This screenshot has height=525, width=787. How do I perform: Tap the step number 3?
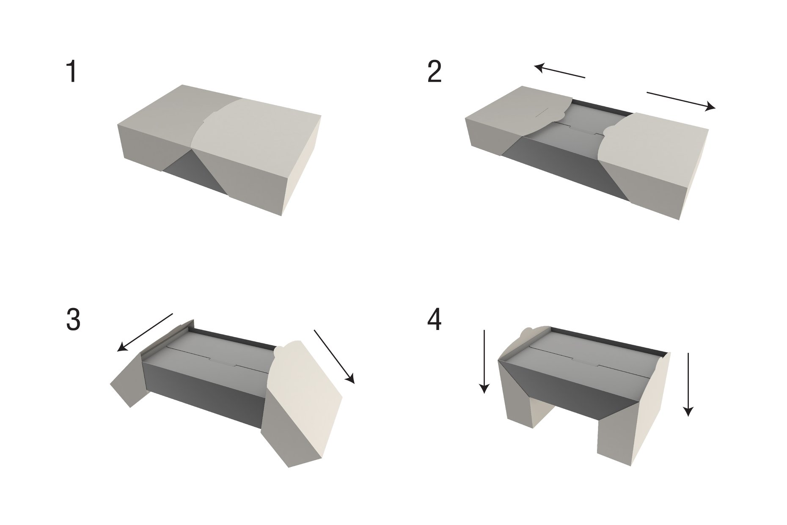(x=73, y=319)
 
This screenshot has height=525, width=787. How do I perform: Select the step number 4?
(x=435, y=319)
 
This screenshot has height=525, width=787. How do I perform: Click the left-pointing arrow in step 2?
(x=559, y=71)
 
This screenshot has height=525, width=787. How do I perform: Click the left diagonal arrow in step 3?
(x=145, y=333)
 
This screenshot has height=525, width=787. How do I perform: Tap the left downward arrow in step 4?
(x=484, y=361)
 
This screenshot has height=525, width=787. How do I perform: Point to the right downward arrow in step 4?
(x=688, y=384)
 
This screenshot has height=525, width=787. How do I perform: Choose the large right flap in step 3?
(x=303, y=402)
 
